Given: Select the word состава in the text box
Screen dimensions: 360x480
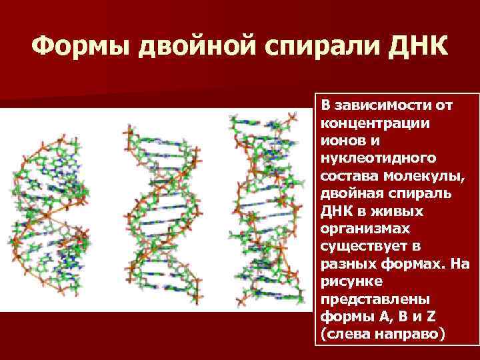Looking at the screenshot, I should [x=349, y=176].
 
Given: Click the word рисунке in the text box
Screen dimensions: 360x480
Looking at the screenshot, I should [x=347, y=280].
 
